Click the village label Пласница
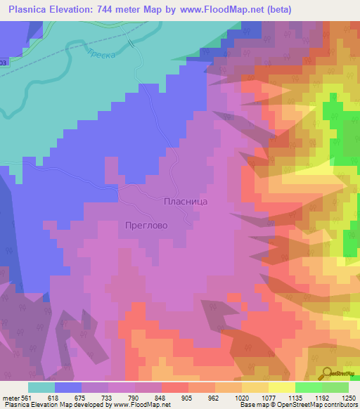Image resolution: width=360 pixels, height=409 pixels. coord(186,201)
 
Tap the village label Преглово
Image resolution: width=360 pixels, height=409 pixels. coord(144,226)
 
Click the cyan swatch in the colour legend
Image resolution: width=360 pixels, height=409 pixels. coord(41,387)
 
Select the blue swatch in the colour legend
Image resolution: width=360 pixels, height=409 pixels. coord(68,387)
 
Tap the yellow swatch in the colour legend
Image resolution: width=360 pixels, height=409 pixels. coord(281,387)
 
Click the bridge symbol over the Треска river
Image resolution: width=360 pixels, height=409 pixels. coord(131,42)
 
